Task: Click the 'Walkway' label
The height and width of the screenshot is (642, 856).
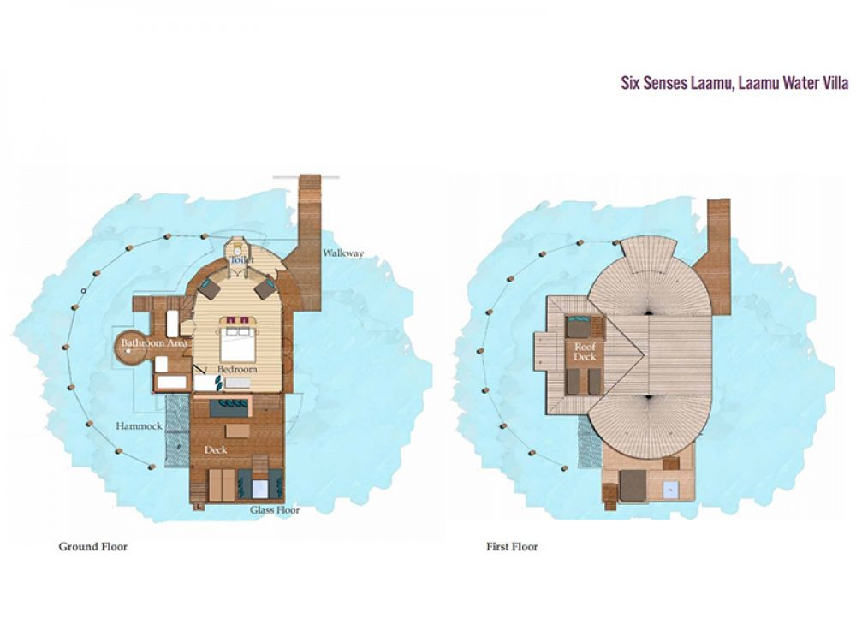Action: pyautogui.click(x=343, y=253)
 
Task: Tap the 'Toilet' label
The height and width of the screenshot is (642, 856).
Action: pyautogui.click(x=242, y=260)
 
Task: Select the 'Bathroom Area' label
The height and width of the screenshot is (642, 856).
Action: pyautogui.click(x=154, y=343)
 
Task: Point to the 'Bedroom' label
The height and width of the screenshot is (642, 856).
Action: pyautogui.click(x=237, y=369)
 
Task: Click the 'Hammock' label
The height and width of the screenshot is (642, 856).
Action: pyautogui.click(x=140, y=425)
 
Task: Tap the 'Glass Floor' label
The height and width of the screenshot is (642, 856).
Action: pyautogui.click(x=275, y=510)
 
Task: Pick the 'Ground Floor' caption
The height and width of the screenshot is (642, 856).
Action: pyautogui.click(x=92, y=546)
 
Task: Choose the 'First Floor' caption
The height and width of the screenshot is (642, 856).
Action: pyautogui.click(x=512, y=546)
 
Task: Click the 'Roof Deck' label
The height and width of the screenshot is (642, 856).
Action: pyautogui.click(x=585, y=352)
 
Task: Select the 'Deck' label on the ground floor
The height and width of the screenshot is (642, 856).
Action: pyautogui.click(x=216, y=450)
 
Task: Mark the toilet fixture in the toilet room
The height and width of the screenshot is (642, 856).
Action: pyautogui.click(x=239, y=247)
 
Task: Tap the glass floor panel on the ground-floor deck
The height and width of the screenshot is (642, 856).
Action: pyautogui.click(x=260, y=488)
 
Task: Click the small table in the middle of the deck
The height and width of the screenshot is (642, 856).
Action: pyautogui.click(x=237, y=431)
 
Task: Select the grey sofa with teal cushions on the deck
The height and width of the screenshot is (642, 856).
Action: pyautogui.click(x=229, y=407)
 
